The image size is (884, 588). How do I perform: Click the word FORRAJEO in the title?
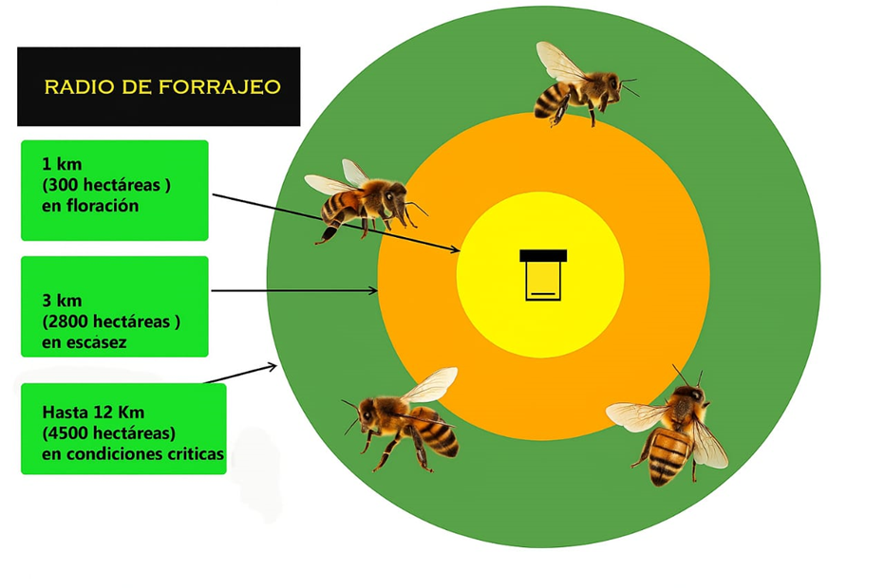[219, 86]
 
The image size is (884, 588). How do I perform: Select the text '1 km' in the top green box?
[62, 164]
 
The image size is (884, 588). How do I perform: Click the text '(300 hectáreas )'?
[106, 185]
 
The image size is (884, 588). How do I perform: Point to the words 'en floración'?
[90, 206]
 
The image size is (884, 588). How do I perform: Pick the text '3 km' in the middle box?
[62, 301]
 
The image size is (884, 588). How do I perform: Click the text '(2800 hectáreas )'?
[111, 322]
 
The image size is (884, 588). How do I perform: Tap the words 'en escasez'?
[84, 341]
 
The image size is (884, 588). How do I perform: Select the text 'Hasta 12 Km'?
[93, 413]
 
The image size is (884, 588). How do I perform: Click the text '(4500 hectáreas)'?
[109, 433]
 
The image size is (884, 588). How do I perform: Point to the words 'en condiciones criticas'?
[133, 454]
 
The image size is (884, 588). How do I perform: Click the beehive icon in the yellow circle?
[543, 275]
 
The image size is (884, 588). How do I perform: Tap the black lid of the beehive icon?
[543, 256]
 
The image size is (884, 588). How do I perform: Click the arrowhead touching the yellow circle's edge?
[456, 249]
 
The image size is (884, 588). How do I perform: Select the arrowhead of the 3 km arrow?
[373, 290]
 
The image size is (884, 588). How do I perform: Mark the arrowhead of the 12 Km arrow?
[272, 367]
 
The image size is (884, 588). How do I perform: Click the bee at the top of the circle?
[584, 84]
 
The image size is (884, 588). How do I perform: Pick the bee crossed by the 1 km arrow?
[364, 200]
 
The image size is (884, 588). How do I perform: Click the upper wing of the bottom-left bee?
[430, 385]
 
